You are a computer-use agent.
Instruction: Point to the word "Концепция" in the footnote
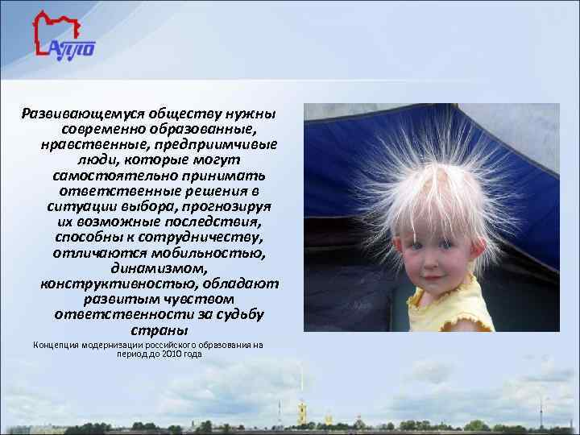56,345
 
